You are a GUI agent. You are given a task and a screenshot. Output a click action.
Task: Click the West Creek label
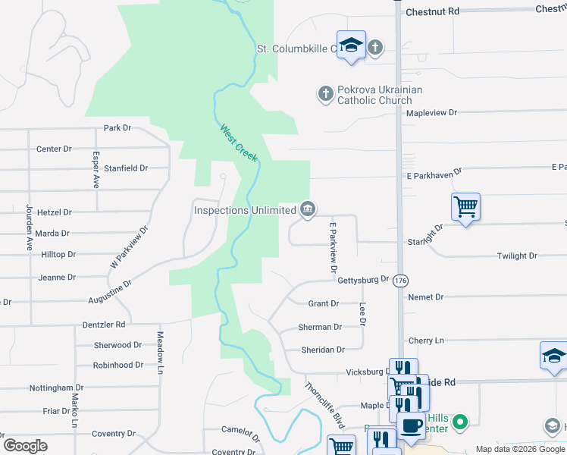pos(239,143)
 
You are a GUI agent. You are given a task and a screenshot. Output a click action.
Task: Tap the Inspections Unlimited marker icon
pos(307,209)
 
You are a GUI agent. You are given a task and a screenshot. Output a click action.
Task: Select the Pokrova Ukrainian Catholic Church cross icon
pos(325,94)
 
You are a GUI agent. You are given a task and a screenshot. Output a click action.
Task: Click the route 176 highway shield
pos(400,281)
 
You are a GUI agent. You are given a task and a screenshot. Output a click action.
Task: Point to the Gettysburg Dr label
pos(363,280)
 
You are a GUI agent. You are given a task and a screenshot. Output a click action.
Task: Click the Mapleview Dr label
pos(432,112)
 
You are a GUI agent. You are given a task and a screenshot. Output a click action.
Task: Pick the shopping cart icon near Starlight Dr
pos(465,206)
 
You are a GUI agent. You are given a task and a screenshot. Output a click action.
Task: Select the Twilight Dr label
pos(517,256)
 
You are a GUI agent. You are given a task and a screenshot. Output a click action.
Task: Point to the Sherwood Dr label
pos(117,345)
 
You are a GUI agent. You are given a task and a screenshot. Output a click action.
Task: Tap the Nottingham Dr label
pos(56,388)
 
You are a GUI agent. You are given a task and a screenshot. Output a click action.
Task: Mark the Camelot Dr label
pos(240,429)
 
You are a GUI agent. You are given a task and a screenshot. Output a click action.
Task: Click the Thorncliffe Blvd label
pos(324,403)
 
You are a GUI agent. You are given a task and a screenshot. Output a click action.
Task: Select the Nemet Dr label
pos(425,297)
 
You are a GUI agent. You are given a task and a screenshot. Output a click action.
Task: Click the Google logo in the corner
pos(25,446)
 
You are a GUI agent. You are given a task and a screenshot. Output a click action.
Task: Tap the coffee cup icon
pos(411,426)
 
